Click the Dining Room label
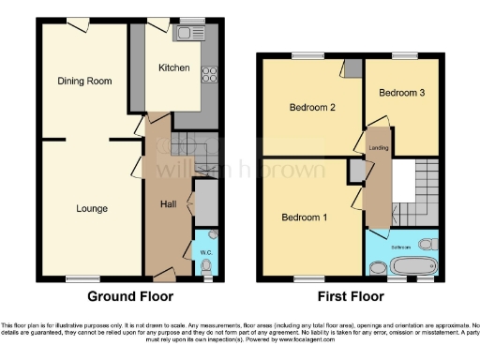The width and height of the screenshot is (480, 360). click(x=84, y=82)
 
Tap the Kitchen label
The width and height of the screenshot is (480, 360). click(x=173, y=67)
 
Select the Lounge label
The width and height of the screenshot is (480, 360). click(x=92, y=208)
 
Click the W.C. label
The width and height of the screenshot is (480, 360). click(x=204, y=252)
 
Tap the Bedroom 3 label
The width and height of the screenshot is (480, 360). click(x=401, y=94)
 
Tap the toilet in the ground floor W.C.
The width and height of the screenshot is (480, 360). click(x=207, y=266)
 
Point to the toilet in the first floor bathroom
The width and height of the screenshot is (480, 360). click(x=427, y=245)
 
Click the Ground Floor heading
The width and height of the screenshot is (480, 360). click(x=130, y=297)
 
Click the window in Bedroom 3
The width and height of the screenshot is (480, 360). click(x=405, y=55)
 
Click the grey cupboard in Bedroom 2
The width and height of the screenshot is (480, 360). click(x=352, y=68)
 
